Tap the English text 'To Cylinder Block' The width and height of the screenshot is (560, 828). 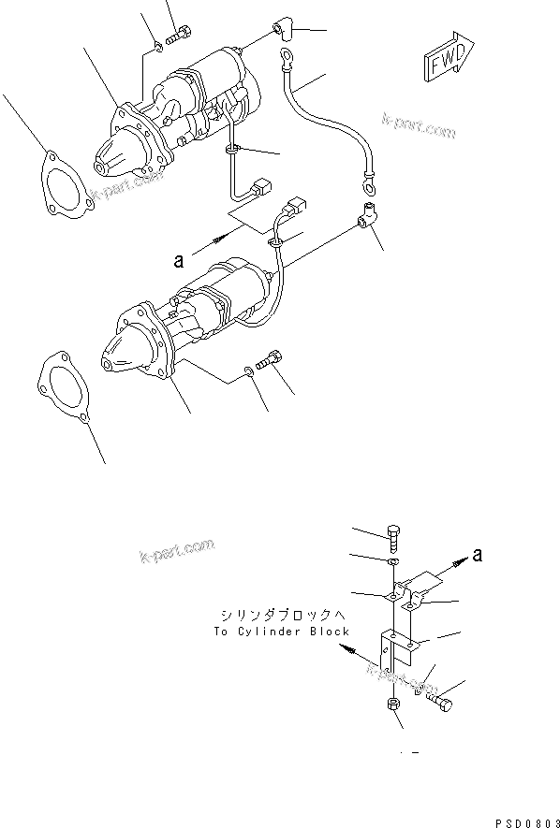tap(280, 632)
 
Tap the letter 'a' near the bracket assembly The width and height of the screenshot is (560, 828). tap(478, 556)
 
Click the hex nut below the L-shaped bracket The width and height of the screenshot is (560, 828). tap(391, 705)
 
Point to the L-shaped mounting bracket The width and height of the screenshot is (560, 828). tap(394, 650)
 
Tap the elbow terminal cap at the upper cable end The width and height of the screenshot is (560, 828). tap(286, 31)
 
